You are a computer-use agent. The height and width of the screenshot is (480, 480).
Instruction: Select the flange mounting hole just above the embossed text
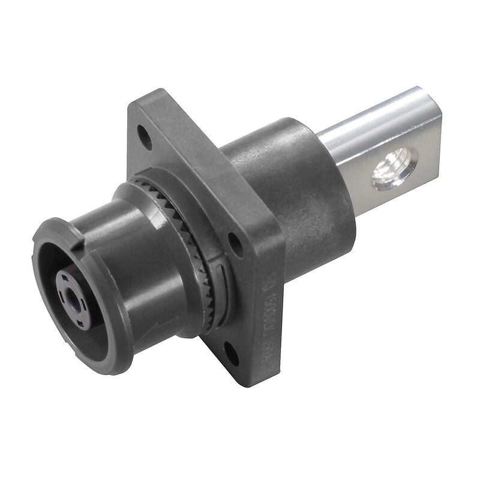[236, 245]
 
